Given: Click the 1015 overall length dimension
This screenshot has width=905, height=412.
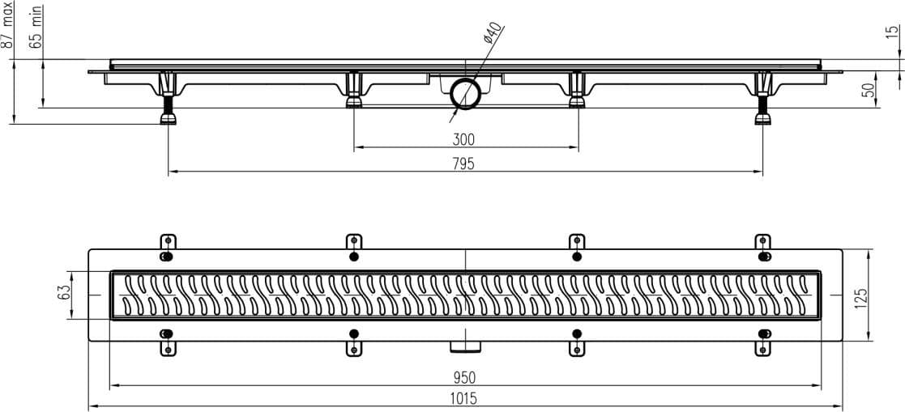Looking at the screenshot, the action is coord(463,398).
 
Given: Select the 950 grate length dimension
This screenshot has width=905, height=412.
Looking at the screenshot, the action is coord(463,378).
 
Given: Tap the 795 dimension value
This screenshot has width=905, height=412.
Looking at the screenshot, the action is coord(463,164).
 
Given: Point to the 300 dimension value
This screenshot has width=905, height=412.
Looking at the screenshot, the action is coord(463,139).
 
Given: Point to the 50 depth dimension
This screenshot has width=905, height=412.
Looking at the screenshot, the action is coord(868,89).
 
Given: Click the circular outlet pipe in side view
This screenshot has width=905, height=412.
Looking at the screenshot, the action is coord(464,93).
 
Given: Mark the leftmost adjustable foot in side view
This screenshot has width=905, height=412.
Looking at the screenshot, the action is coord(168,98).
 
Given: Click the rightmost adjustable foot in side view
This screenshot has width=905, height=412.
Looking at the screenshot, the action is coord(763,98).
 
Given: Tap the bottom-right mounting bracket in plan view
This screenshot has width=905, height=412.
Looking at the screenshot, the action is coord(763,342).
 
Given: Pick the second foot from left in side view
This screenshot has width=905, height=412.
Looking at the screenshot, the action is coord(354,90).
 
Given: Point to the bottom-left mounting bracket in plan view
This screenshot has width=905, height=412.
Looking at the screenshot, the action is coord(168,342).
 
